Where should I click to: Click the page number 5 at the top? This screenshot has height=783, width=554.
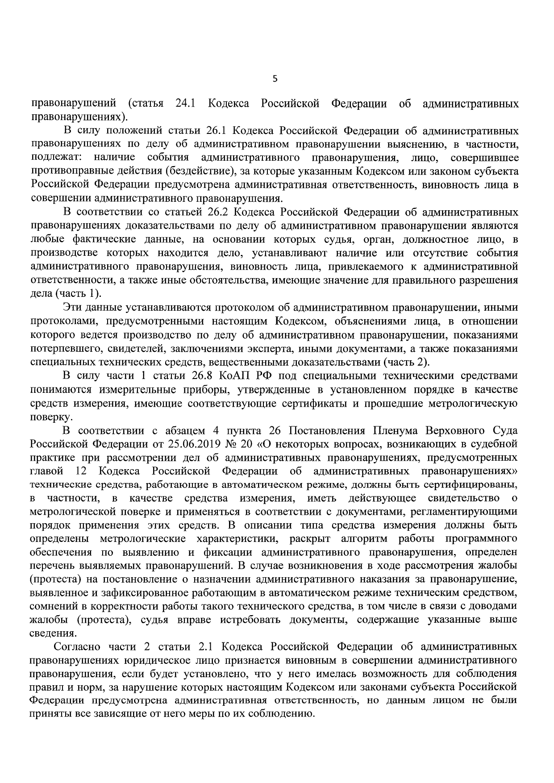pyautogui.click(x=275, y=79)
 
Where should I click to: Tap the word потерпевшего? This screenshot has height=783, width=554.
pyautogui.click(x=62, y=348)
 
